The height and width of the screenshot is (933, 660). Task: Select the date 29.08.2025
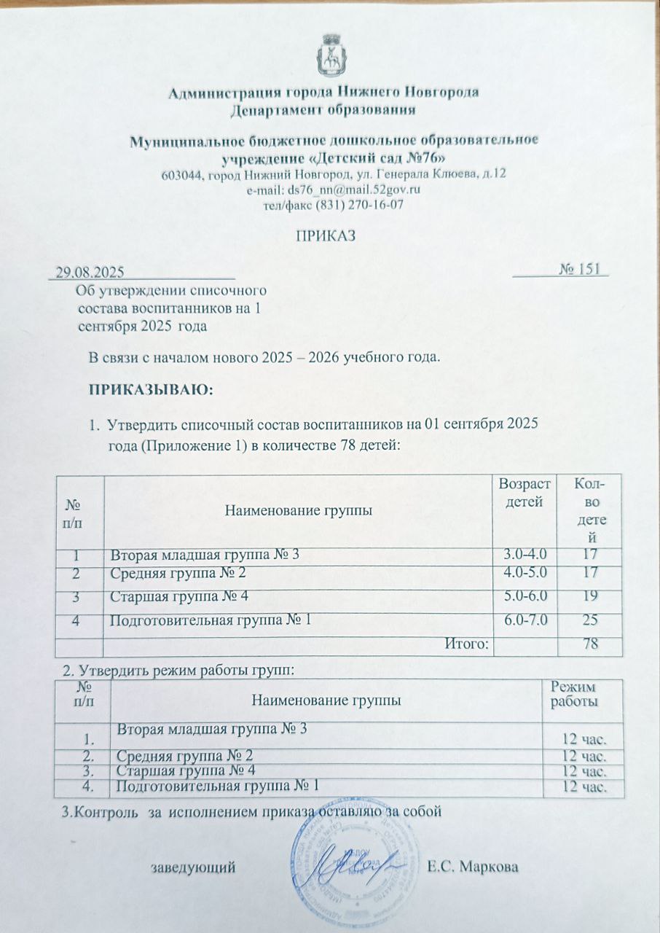[88, 272]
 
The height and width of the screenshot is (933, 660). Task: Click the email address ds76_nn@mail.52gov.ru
[336, 190]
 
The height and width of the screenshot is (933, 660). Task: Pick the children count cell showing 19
[589, 598]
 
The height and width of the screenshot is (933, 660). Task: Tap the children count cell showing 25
[589, 620]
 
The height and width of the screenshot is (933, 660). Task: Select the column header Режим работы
[575, 694]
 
